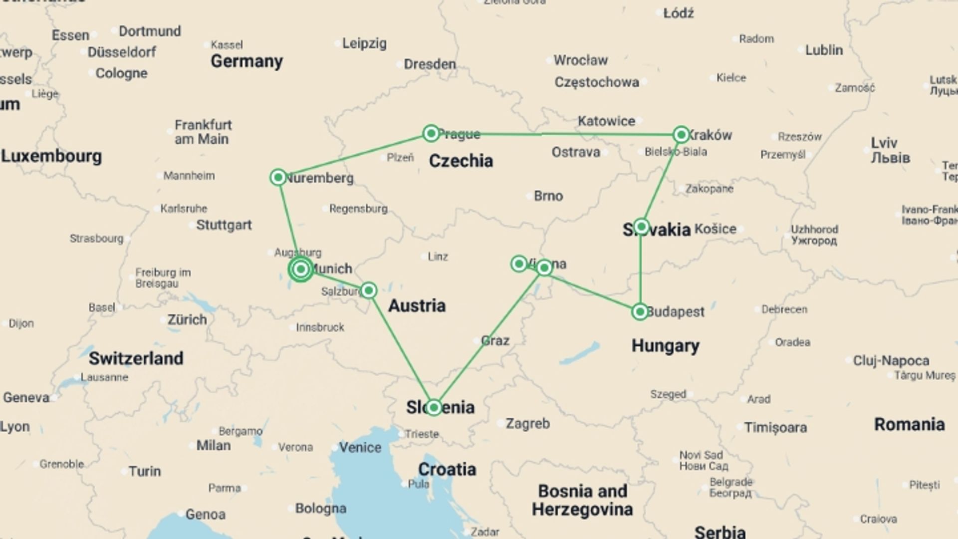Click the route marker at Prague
tap(431, 133)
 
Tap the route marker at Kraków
tap(681, 134)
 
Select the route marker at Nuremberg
tap(278, 177)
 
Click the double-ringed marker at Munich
tap(301, 269)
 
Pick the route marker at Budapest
tap(640, 312)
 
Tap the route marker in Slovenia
tap(434, 407)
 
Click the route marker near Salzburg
tap(369, 290)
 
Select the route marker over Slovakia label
tap(641, 227)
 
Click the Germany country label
tap(246, 61)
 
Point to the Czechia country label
tap(461, 161)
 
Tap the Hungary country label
tap(665, 345)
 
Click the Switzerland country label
tap(136, 358)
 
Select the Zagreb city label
tap(527, 424)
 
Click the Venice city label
tap(360, 447)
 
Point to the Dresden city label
tap(430, 64)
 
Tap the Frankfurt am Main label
tap(203, 132)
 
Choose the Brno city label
tap(548, 196)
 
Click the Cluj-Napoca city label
tap(891, 360)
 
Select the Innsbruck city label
tap(320, 327)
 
